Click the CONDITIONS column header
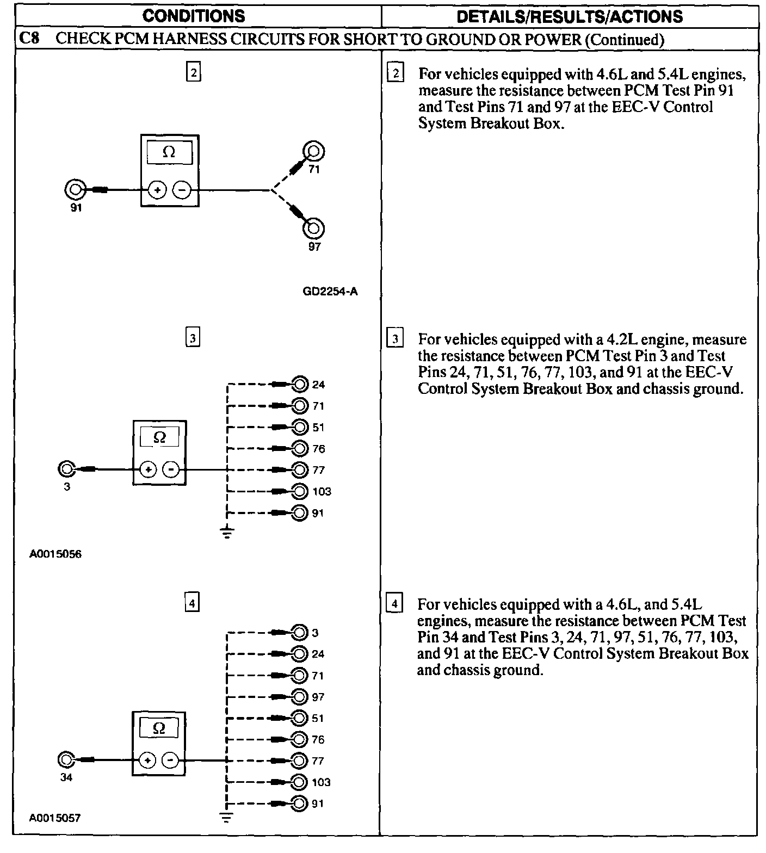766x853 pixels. [x=194, y=16]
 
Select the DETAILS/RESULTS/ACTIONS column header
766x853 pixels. [x=570, y=16]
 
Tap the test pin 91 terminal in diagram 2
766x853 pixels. [x=75, y=190]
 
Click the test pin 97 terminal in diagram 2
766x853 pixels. [x=313, y=228]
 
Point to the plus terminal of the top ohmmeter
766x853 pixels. [x=158, y=190]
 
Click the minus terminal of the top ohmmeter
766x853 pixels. [x=182, y=190]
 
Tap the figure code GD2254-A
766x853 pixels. [x=330, y=292]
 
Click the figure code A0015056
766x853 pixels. [x=55, y=555]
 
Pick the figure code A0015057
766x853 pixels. [x=55, y=818]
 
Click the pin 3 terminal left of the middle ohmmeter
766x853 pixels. [x=66, y=469]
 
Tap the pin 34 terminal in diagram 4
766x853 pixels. [x=66, y=759]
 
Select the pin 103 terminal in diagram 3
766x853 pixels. [x=299, y=491]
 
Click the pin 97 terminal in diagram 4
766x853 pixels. [x=299, y=696]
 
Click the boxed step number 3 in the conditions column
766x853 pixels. [x=193, y=338]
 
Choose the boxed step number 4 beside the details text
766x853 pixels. [x=394, y=604]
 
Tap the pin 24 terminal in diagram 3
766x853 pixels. [x=299, y=385]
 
